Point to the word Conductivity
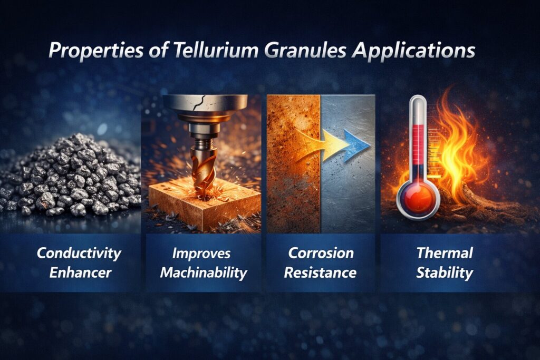point(79,253)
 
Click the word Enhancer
point(79,273)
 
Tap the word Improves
point(201,253)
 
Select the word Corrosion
point(321,253)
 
